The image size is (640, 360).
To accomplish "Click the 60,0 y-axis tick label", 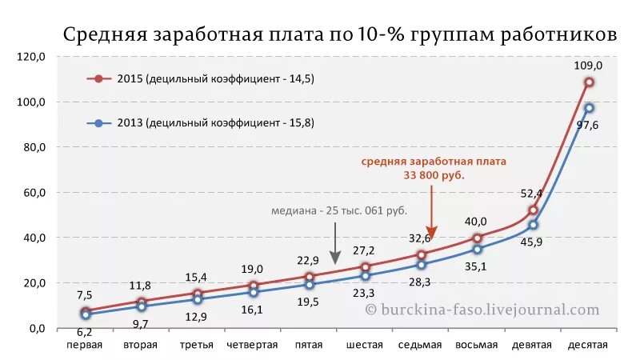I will pos(34,193).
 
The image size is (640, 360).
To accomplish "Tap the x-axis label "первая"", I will pos(84,345).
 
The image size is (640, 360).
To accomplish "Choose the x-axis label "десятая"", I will pos(588,345).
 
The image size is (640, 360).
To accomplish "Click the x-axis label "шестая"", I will pos(364,345).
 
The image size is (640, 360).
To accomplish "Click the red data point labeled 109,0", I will pos(589,82).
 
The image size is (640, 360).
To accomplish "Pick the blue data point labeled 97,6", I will pos(589,107).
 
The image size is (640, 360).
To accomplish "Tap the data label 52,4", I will pos(531,193).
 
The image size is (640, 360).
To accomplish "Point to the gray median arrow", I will pos(336,244).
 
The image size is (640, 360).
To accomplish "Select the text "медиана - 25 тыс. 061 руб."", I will pos(338,210).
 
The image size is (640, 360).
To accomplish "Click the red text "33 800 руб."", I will pos(433,174).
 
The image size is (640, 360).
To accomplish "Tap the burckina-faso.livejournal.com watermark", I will pos(482,310).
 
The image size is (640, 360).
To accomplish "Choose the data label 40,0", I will pos(477,222).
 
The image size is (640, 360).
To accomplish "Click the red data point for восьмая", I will pos(477,238).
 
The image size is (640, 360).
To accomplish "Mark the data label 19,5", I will pos(308,302).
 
